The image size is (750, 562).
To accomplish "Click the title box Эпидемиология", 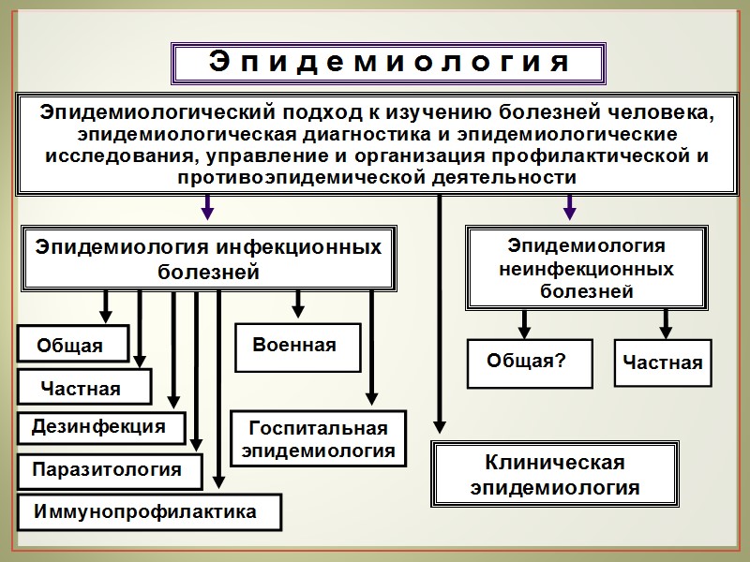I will pos(388,63).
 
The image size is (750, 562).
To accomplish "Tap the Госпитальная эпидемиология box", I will pos(319,439).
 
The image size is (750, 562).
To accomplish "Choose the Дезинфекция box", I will pos(100,427).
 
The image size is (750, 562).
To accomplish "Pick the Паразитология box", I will pos(109,470).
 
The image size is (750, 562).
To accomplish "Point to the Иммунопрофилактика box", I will pos(145,513).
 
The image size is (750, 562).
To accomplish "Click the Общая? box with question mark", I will pos(529,362).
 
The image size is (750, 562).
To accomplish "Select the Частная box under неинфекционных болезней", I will pos(663,362).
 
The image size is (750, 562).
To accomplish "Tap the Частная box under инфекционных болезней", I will pos(82,387).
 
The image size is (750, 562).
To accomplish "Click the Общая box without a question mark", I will pos(71,345).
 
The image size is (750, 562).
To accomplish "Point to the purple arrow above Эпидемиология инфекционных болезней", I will pos(208,207).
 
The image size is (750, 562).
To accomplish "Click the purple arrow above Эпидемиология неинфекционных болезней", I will pos(569,207).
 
